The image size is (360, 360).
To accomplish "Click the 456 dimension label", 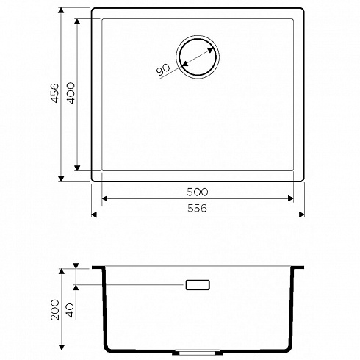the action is (55, 93).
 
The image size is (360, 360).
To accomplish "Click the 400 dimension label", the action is (71, 93).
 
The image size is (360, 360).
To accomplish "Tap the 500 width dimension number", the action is (198, 192).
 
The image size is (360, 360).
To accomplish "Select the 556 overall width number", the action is (197, 208).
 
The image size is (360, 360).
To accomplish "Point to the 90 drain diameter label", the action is (163, 69).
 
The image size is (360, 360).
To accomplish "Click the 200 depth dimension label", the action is (55, 309).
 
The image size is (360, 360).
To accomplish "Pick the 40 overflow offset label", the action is (71, 310).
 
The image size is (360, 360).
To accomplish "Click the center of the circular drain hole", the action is (198, 57).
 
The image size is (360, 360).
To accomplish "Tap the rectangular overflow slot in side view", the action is (198, 285).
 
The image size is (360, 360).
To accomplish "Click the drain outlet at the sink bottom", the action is (198, 353).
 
